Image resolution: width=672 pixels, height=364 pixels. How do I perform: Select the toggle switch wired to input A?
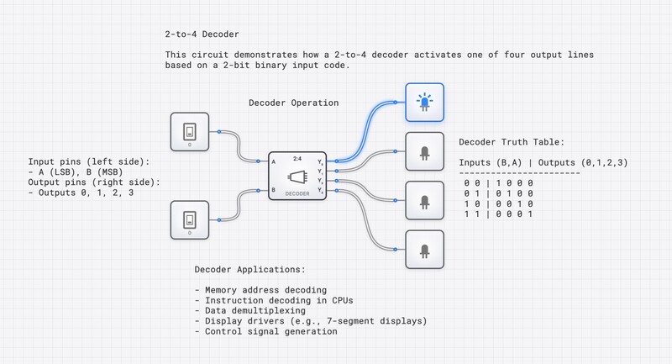(191, 131)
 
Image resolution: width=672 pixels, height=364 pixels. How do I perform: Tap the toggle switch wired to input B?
(191, 220)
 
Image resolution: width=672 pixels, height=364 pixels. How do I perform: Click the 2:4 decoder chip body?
(297, 176)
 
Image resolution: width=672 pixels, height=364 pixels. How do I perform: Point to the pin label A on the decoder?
(274, 160)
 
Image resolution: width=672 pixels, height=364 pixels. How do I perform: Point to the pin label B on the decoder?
(274, 191)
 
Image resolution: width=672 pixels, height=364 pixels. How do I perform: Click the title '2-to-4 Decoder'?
(202, 35)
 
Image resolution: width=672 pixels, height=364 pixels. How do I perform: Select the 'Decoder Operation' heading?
(293, 103)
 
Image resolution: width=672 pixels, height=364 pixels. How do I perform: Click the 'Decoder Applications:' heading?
(249, 270)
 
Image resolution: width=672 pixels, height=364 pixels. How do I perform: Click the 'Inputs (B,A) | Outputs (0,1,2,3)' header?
(543, 161)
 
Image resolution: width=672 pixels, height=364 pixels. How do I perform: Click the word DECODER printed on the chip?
(297, 193)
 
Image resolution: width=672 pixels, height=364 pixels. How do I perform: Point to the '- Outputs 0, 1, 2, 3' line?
(82, 193)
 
